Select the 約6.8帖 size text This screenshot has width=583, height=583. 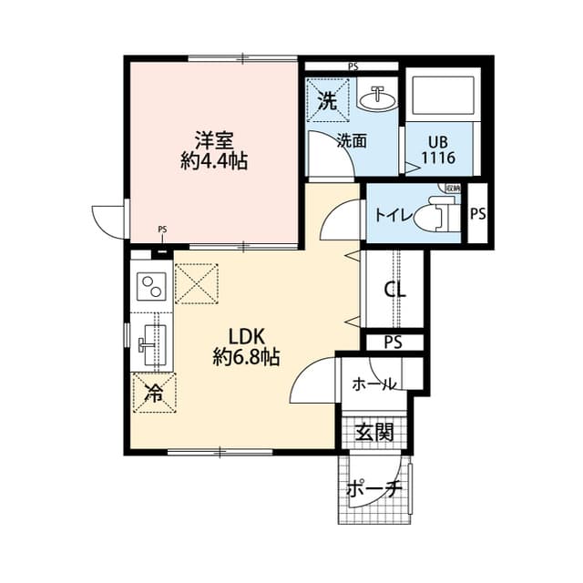(246, 358)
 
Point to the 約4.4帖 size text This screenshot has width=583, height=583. (215, 161)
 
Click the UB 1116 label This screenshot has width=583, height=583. (437, 152)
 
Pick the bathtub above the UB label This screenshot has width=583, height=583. (437, 96)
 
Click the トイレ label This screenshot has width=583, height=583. (393, 216)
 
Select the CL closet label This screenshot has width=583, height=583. (394, 291)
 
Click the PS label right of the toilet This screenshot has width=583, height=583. (477, 215)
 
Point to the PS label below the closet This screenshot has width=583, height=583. (393, 343)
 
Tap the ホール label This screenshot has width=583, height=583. (373, 384)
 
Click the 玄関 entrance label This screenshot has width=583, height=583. (374, 431)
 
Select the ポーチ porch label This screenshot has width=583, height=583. (373, 489)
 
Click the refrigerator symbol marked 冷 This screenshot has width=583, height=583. (153, 394)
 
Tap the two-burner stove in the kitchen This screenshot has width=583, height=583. (150, 287)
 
